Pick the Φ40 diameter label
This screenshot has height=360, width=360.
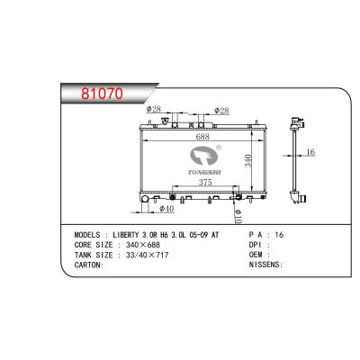click(166, 209)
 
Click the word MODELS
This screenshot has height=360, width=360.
click(87, 234)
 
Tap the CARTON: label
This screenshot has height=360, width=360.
click(89, 265)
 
